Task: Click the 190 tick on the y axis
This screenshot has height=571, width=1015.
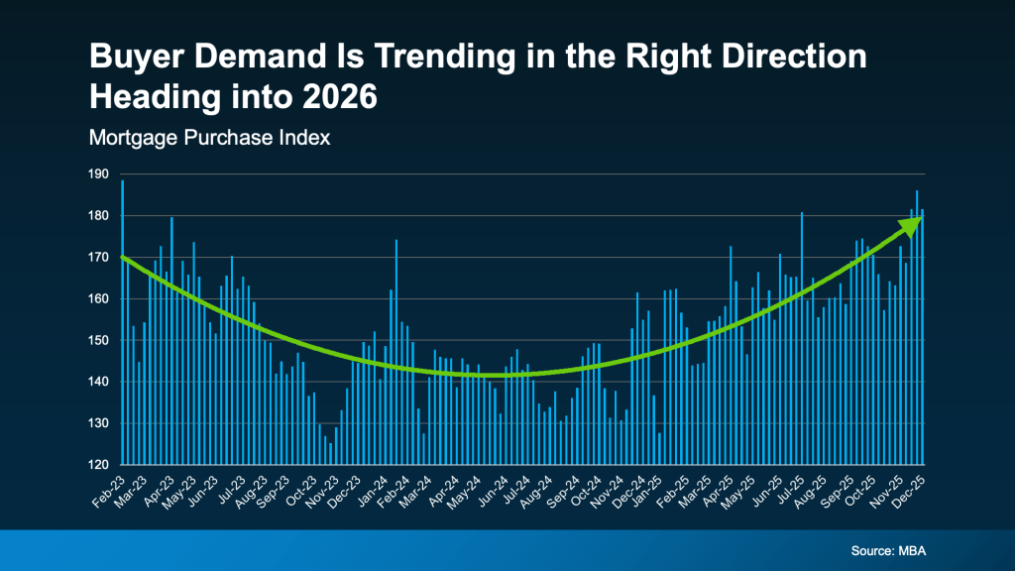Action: tap(99, 173)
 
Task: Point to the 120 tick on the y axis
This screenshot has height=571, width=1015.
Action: tap(99, 465)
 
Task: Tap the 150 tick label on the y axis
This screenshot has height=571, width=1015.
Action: tap(99, 340)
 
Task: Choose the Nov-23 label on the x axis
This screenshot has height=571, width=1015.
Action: tap(324, 486)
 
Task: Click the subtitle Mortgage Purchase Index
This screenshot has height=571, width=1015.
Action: tap(209, 138)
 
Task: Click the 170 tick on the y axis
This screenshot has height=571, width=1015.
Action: tap(99, 257)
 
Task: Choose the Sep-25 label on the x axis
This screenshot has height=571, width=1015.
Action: tap(841, 486)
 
